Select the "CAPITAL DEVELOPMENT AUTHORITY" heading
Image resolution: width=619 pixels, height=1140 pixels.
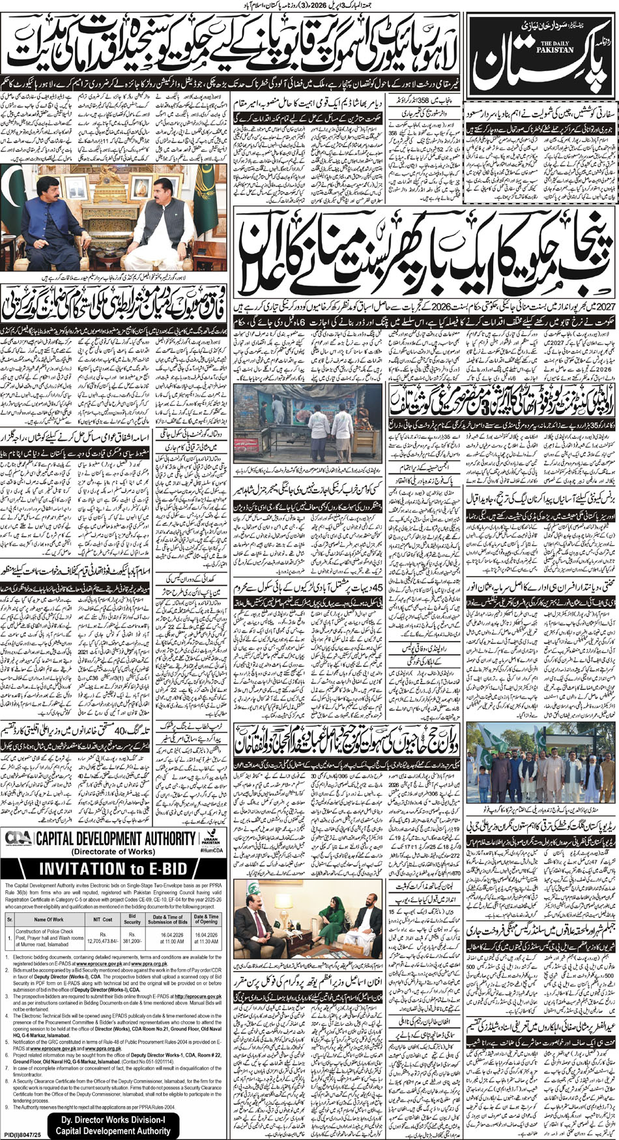point(115,838)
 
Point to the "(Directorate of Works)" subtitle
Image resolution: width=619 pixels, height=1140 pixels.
point(115,852)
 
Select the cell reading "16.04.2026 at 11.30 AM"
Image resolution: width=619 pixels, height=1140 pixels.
point(205,937)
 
